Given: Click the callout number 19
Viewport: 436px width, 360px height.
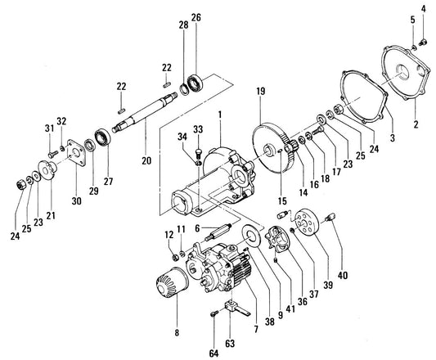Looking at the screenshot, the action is tap(261, 92).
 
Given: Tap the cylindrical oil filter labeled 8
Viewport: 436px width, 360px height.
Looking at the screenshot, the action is tap(172, 281).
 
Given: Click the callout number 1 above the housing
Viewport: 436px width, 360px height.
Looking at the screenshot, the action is tap(220, 115).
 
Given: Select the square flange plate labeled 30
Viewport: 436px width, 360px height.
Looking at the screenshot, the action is tap(76, 152).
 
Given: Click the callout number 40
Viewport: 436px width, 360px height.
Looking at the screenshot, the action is tap(343, 276).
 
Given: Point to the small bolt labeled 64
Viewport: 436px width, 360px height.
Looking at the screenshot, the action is tap(214, 314).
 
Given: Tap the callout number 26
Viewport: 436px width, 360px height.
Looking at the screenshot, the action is tap(196, 17).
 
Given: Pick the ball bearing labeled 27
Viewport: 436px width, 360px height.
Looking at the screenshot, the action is tap(102, 137).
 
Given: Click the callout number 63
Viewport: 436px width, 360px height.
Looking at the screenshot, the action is tap(230, 344).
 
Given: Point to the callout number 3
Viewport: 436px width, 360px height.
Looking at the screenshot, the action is tap(393, 137).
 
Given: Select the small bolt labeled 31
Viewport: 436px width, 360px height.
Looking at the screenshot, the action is tap(53, 154).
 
